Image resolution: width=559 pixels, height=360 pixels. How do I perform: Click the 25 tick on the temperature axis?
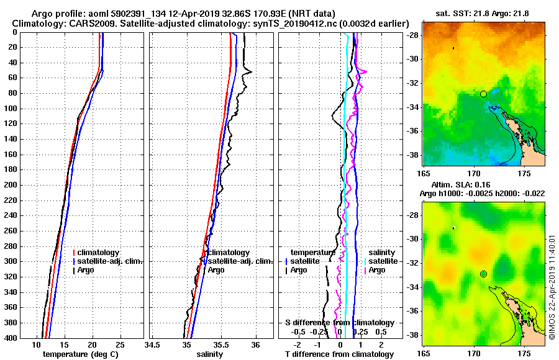coord(120,345)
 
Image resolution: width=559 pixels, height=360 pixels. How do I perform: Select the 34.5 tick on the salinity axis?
coord(152,345)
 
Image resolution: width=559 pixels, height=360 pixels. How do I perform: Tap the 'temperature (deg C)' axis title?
coord(80,354)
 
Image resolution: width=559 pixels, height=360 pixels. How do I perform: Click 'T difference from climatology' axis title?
coord(339,354)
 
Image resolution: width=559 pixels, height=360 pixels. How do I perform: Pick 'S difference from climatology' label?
coord(339,323)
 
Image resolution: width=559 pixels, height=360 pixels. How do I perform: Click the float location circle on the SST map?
coord(483,94)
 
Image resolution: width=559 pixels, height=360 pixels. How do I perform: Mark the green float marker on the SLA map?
coord(483,274)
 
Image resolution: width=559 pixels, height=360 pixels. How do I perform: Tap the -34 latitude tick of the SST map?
coord(414,107)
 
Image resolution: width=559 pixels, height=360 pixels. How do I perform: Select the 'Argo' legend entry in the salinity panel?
coord(216,270)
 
